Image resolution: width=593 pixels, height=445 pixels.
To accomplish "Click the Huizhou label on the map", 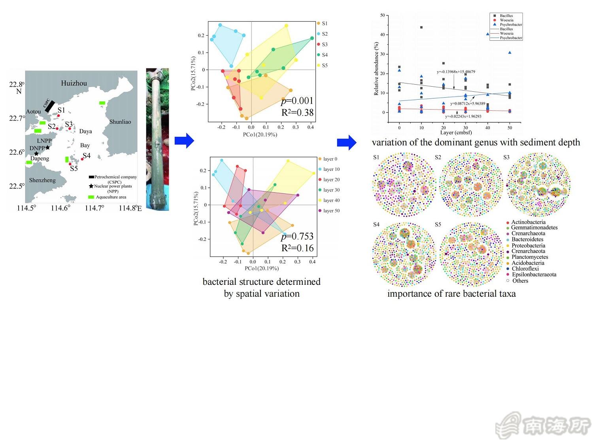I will [74, 83].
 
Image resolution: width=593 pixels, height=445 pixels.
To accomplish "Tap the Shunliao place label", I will [120, 122].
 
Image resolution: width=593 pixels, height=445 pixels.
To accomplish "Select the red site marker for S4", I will [82, 159].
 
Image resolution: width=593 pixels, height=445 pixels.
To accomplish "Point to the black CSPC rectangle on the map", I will [50, 106].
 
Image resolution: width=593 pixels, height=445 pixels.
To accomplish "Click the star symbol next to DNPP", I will [47, 148].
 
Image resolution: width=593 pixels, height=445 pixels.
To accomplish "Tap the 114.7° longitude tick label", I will [94, 208].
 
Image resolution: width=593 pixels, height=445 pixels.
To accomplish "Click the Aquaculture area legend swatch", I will [91, 197].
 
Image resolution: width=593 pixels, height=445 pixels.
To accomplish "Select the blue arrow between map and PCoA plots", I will [184, 140].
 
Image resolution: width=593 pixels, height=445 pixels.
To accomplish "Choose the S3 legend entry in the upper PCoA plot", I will [325, 44].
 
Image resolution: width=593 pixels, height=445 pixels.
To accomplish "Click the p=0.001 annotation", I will [297, 101].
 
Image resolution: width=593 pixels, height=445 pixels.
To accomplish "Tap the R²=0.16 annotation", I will [297, 248].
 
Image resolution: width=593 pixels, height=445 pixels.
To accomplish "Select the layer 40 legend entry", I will [331, 200].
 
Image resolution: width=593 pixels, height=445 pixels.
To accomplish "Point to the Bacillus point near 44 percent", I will [421, 27].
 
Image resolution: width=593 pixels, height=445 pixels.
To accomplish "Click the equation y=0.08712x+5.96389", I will [467, 104].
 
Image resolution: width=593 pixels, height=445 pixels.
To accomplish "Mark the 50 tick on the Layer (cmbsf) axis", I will [510, 127].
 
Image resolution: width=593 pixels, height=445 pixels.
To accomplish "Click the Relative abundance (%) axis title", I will [376, 69].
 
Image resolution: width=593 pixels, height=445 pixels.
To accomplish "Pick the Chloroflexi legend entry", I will [525, 269].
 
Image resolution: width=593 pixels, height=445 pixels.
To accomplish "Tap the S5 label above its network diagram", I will [438, 224].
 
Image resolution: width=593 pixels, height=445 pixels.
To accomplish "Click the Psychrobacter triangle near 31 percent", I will [510, 53].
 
